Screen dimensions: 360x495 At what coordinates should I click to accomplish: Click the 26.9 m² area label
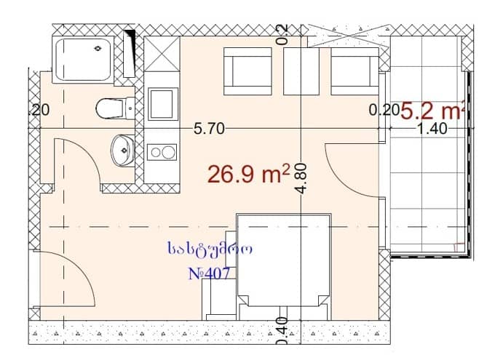(248, 175)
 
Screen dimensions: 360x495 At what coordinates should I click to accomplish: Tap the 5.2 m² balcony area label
(432, 111)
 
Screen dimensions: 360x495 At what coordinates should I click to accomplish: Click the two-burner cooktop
(162, 151)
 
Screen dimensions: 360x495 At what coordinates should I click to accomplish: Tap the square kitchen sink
(162, 104)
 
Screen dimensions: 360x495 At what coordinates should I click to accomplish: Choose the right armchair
(354, 71)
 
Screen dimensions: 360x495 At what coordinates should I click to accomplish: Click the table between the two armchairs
(301, 71)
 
